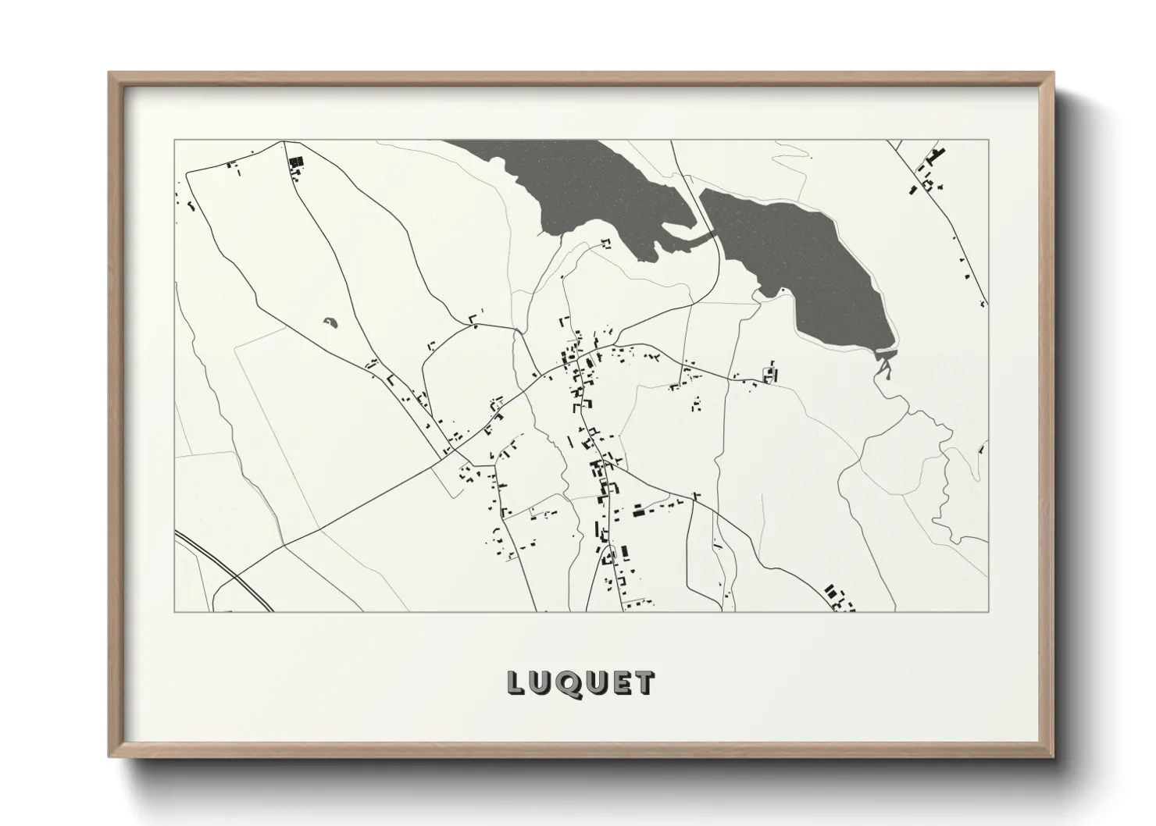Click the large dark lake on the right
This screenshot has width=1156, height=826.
[812, 258]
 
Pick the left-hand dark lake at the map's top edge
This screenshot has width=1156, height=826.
[578, 187]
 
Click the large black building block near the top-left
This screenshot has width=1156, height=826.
[295, 162]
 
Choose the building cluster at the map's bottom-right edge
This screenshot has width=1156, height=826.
[837, 597]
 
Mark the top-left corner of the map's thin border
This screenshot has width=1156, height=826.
[175, 141]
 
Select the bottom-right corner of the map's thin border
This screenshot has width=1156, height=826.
[988, 611]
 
